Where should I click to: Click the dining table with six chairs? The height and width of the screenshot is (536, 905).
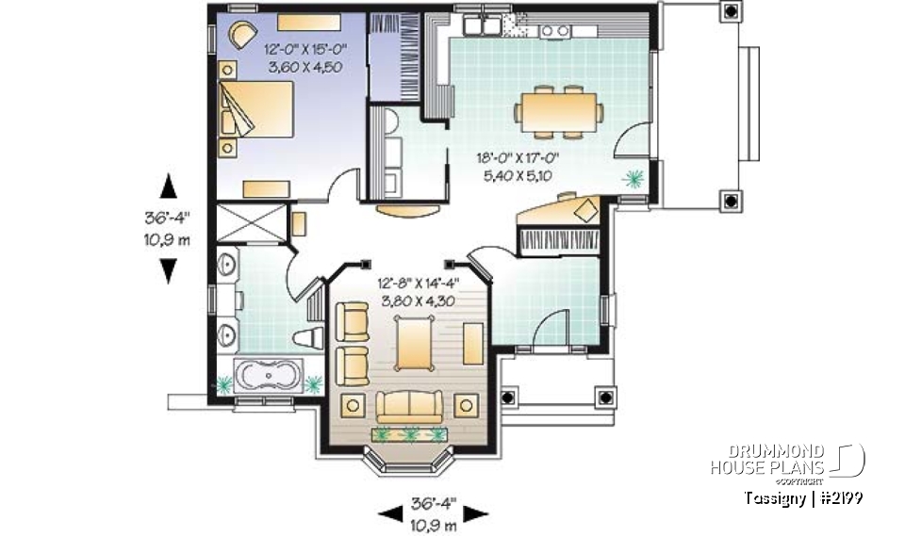coord(558,107)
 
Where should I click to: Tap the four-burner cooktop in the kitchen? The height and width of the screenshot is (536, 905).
coord(554,31)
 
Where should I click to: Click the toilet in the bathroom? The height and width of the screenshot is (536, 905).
coord(308,339)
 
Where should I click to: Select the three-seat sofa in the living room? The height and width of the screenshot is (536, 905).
coord(411,406)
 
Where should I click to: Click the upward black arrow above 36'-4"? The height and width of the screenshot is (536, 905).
coord(168,187)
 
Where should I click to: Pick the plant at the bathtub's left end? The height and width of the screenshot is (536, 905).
coord(225,383)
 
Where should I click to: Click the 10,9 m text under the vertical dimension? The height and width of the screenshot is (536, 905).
coord(168,239)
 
